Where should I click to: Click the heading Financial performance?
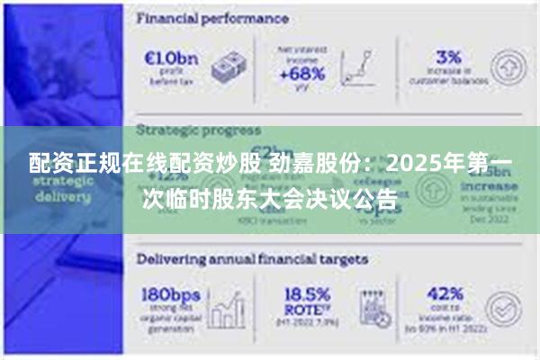(212, 18)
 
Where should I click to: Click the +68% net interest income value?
(302, 75)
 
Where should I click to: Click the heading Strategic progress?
(199, 130)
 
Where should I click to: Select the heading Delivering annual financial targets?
(252, 258)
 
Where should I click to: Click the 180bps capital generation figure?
(172, 294)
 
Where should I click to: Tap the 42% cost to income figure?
(443, 294)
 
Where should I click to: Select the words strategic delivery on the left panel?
(63, 187)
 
